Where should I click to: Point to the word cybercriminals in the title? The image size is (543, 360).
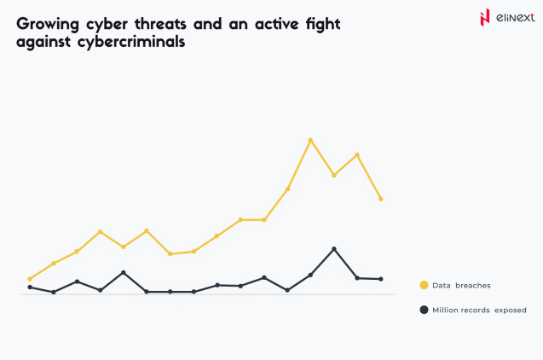(x=130, y=43)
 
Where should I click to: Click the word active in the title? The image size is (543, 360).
(x=274, y=24)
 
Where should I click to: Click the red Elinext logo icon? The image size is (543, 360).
(x=485, y=17)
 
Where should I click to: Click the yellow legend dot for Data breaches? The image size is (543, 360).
(x=424, y=285)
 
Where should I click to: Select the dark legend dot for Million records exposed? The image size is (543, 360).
(x=424, y=310)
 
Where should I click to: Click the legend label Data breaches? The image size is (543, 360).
(x=461, y=285)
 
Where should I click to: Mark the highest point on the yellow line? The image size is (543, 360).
(x=310, y=140)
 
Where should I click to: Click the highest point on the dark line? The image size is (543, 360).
(x=334, y=249)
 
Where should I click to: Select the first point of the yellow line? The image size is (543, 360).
(x=30, y=279)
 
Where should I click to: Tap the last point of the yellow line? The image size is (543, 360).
(x=381, y=199)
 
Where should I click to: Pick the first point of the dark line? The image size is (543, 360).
(x=30, y=287)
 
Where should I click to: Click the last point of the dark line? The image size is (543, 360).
(x=381, y=279)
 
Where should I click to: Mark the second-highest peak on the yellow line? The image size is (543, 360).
(x=357, y=154)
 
